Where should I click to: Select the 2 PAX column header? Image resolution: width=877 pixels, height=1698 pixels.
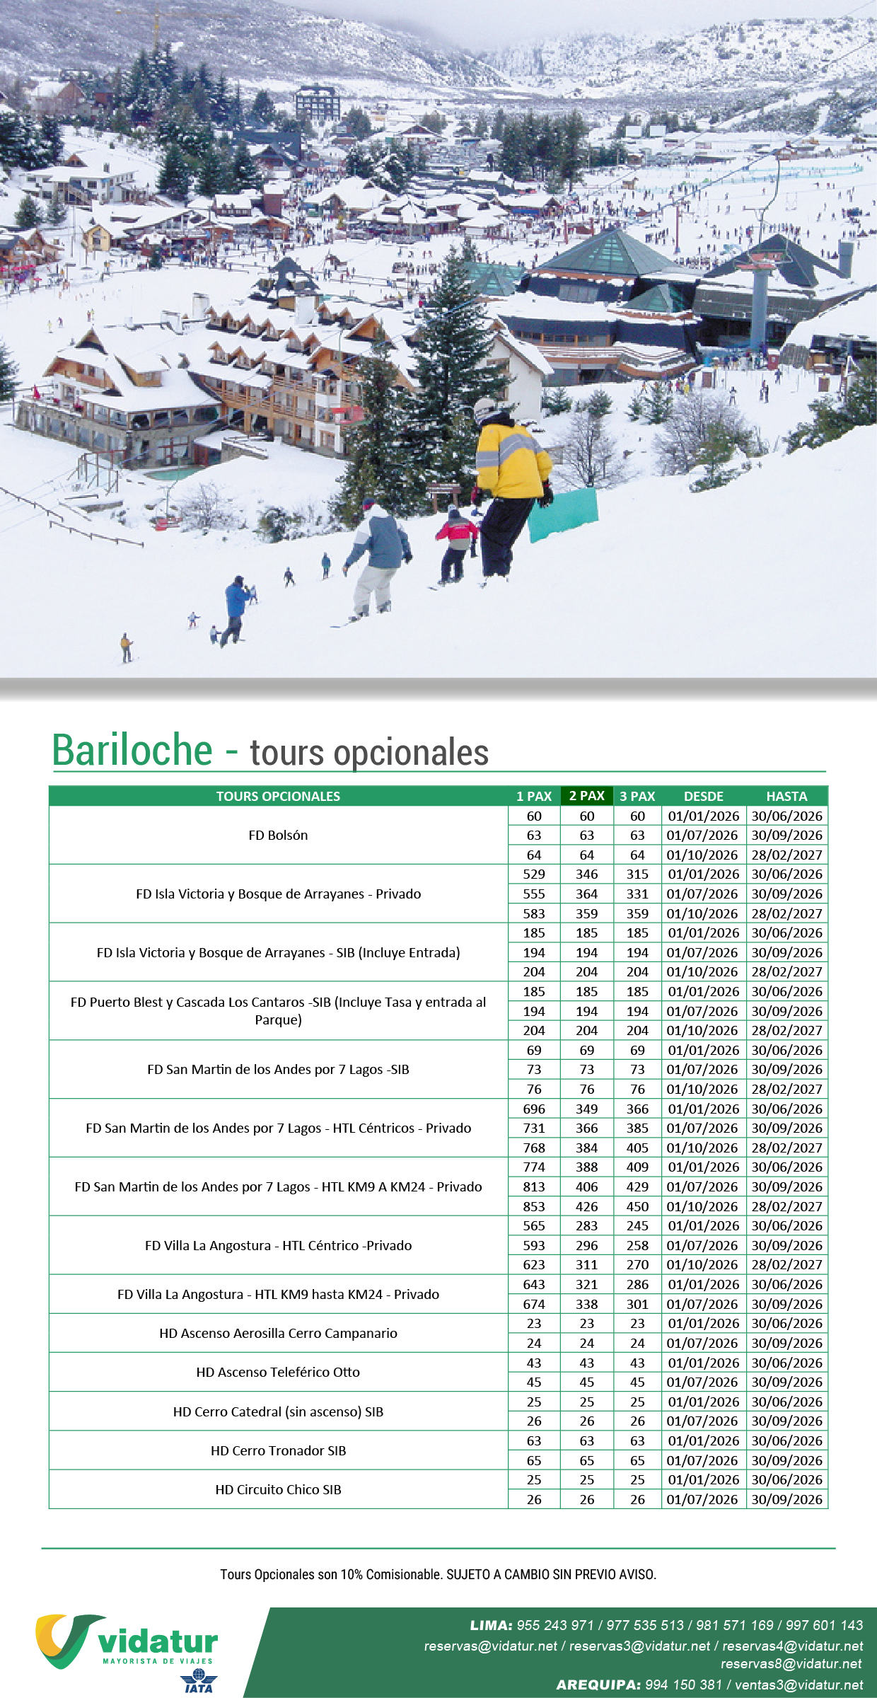(x=586, y=796)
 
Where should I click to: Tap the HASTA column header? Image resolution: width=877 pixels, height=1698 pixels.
(x=786, y=796)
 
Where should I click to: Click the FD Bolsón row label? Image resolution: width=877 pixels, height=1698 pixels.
(x=278, y=836)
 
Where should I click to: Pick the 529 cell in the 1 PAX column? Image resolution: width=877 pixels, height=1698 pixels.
(x=534, y=874)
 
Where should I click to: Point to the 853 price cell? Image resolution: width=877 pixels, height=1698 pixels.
(x=534, y=1206)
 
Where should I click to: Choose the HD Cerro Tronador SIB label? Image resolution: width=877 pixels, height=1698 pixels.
(x=278, y=1451)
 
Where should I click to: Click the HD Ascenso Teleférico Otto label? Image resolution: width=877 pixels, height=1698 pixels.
(x=278, y=1373)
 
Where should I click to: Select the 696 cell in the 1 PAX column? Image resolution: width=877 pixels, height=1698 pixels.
(x=534, y=1109)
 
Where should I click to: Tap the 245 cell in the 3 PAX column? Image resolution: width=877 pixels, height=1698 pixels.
(x=637, y=1226)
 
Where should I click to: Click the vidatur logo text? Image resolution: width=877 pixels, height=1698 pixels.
(x=157, y=1641)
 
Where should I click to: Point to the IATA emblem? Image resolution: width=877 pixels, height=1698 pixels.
(x=198, y=1681)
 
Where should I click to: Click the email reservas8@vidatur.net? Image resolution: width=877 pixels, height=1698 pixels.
(x=791, y=1664)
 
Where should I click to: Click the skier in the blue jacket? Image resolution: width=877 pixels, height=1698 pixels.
(x=236, y=608)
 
